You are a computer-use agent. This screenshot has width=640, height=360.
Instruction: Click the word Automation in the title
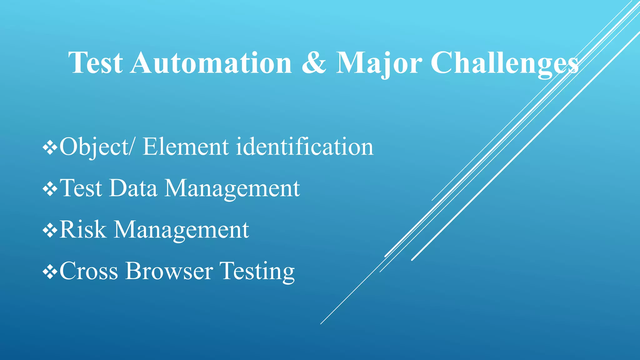tap(211, 63)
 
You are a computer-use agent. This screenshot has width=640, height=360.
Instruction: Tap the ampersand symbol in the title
tap(314, 63)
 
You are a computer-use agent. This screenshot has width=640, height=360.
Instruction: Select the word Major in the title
tap(379, 63)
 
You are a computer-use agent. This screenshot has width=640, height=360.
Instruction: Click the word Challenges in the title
tap(504, 63)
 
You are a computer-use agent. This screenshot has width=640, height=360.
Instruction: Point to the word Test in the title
tap(96, 63)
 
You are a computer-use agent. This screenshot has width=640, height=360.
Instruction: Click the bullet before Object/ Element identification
tap(50, 147)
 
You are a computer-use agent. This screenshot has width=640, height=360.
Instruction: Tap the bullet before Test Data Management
tap(50, 189)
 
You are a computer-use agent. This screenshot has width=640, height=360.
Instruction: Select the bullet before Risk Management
tap(50, 230)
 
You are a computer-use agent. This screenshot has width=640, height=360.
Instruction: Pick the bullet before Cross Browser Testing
tap(50, 272)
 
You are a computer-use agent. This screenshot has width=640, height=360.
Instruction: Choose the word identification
tap(305, 147)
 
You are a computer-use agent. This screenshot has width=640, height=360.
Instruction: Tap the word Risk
tap(83, 230)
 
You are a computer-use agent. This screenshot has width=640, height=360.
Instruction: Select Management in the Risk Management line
tap(181, 230)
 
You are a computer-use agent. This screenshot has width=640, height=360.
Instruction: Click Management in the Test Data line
tap(232, 188)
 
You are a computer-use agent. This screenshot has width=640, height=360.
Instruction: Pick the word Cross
tap(89, 271)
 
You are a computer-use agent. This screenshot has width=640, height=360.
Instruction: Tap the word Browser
tap(169, 271)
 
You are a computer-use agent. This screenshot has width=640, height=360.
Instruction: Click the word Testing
tap(257, 271)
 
